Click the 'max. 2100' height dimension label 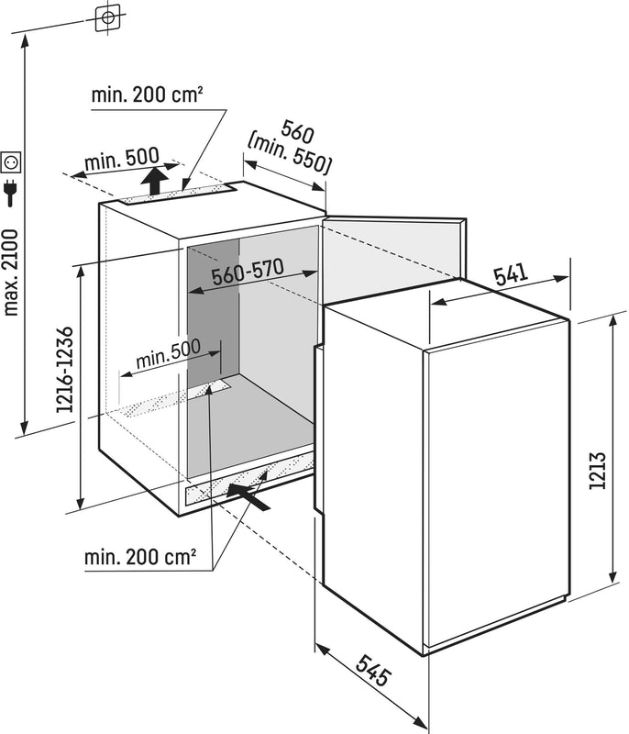11,266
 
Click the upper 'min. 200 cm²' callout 147,95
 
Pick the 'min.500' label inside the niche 168,356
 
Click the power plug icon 12,193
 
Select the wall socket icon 12,162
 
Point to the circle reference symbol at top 108,17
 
